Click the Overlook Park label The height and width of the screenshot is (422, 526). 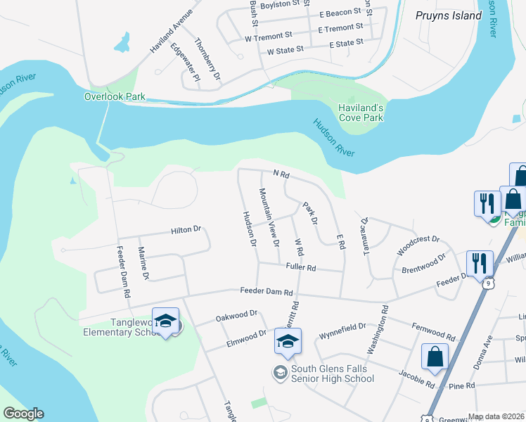tap(115, 96)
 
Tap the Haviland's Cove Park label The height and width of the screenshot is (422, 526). tap(360, 113)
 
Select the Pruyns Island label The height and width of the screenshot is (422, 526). tap(448, 15)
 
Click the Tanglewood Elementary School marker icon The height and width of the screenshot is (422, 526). tap(166, 321)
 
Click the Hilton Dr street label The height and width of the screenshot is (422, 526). tap(186, 229)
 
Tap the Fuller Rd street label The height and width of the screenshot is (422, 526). tap(301, 267)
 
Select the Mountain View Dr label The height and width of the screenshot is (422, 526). tap(269, 217)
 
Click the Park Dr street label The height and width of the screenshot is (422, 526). tap(310, 214)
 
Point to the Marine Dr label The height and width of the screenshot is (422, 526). tap(143, 263)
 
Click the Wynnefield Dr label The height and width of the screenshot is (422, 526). tap(342, 326)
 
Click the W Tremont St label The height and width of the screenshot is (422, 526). tap(269, 35)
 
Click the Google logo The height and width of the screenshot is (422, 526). tap(23, 414)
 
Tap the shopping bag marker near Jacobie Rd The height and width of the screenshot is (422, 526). tap(435, 357)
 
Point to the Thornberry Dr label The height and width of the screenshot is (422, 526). tap(208, 58)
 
